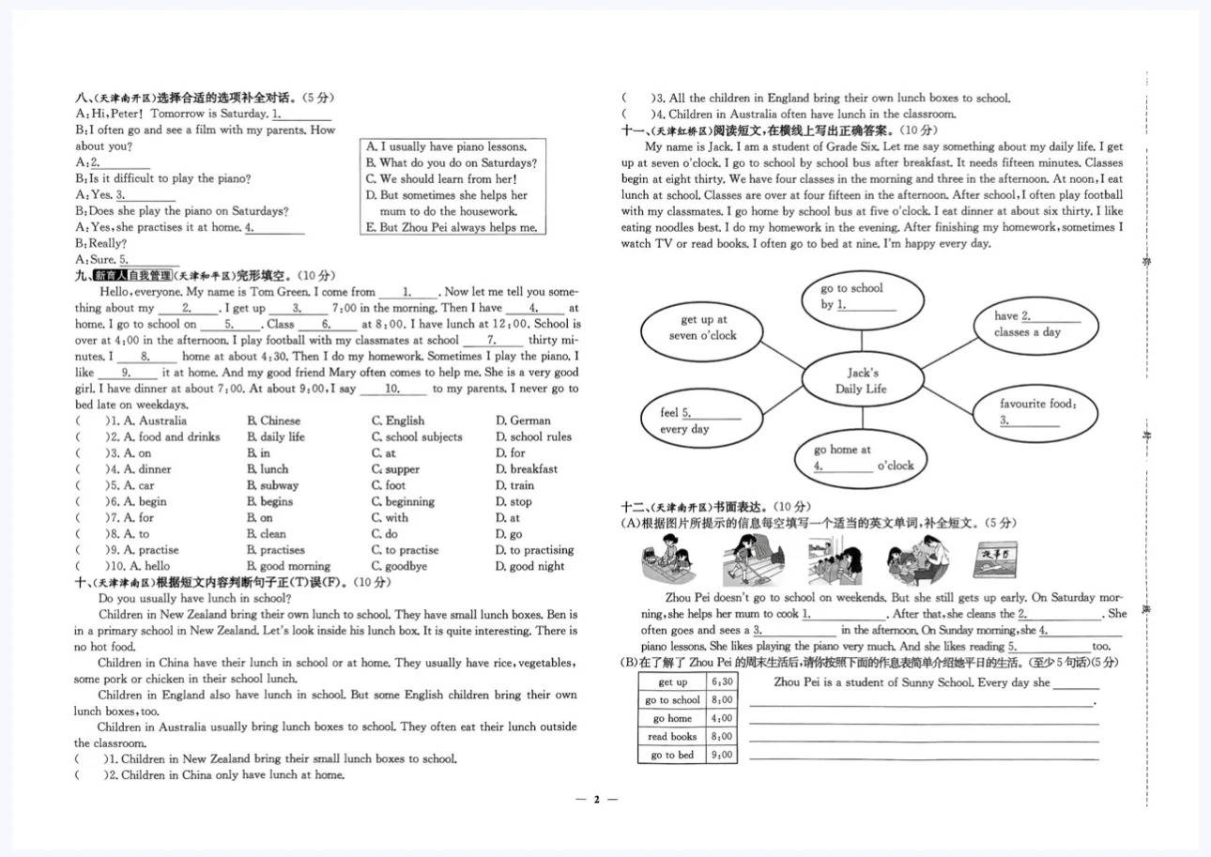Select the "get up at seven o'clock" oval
(703, 328)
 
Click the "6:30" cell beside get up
(723, 682)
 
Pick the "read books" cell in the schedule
(672, 737)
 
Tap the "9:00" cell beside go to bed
(723, 755)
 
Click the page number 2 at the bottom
(595, 800)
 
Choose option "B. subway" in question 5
(272, 485)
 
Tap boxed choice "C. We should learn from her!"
(441, 178)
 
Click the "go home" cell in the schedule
(672, 718)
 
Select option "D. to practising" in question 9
(534, 550)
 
